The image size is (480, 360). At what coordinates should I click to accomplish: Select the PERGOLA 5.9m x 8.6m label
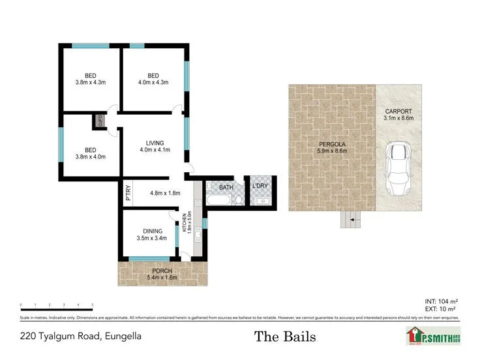[x=331, y=147]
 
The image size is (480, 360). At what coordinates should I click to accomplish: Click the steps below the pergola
[x=350, y=220]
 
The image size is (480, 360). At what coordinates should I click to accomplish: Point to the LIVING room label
[x=155, y=147]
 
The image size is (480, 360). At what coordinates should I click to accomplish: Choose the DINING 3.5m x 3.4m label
[x=151, y=234]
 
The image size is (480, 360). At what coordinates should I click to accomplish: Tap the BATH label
[x=226, y=188]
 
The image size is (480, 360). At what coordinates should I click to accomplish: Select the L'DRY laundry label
[x=260, y=188]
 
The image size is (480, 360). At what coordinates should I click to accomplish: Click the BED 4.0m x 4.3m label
[x=154, y=78]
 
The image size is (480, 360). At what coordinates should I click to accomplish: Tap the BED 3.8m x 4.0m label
[x=91, y=153]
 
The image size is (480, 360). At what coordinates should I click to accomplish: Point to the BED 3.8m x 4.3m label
[x=91, y=78]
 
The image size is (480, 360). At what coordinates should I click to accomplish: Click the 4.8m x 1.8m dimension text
[x=165, y=193]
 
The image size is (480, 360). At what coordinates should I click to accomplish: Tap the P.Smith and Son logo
[x=432, y=337]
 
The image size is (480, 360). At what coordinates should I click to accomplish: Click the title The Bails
[x=285, y=337]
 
